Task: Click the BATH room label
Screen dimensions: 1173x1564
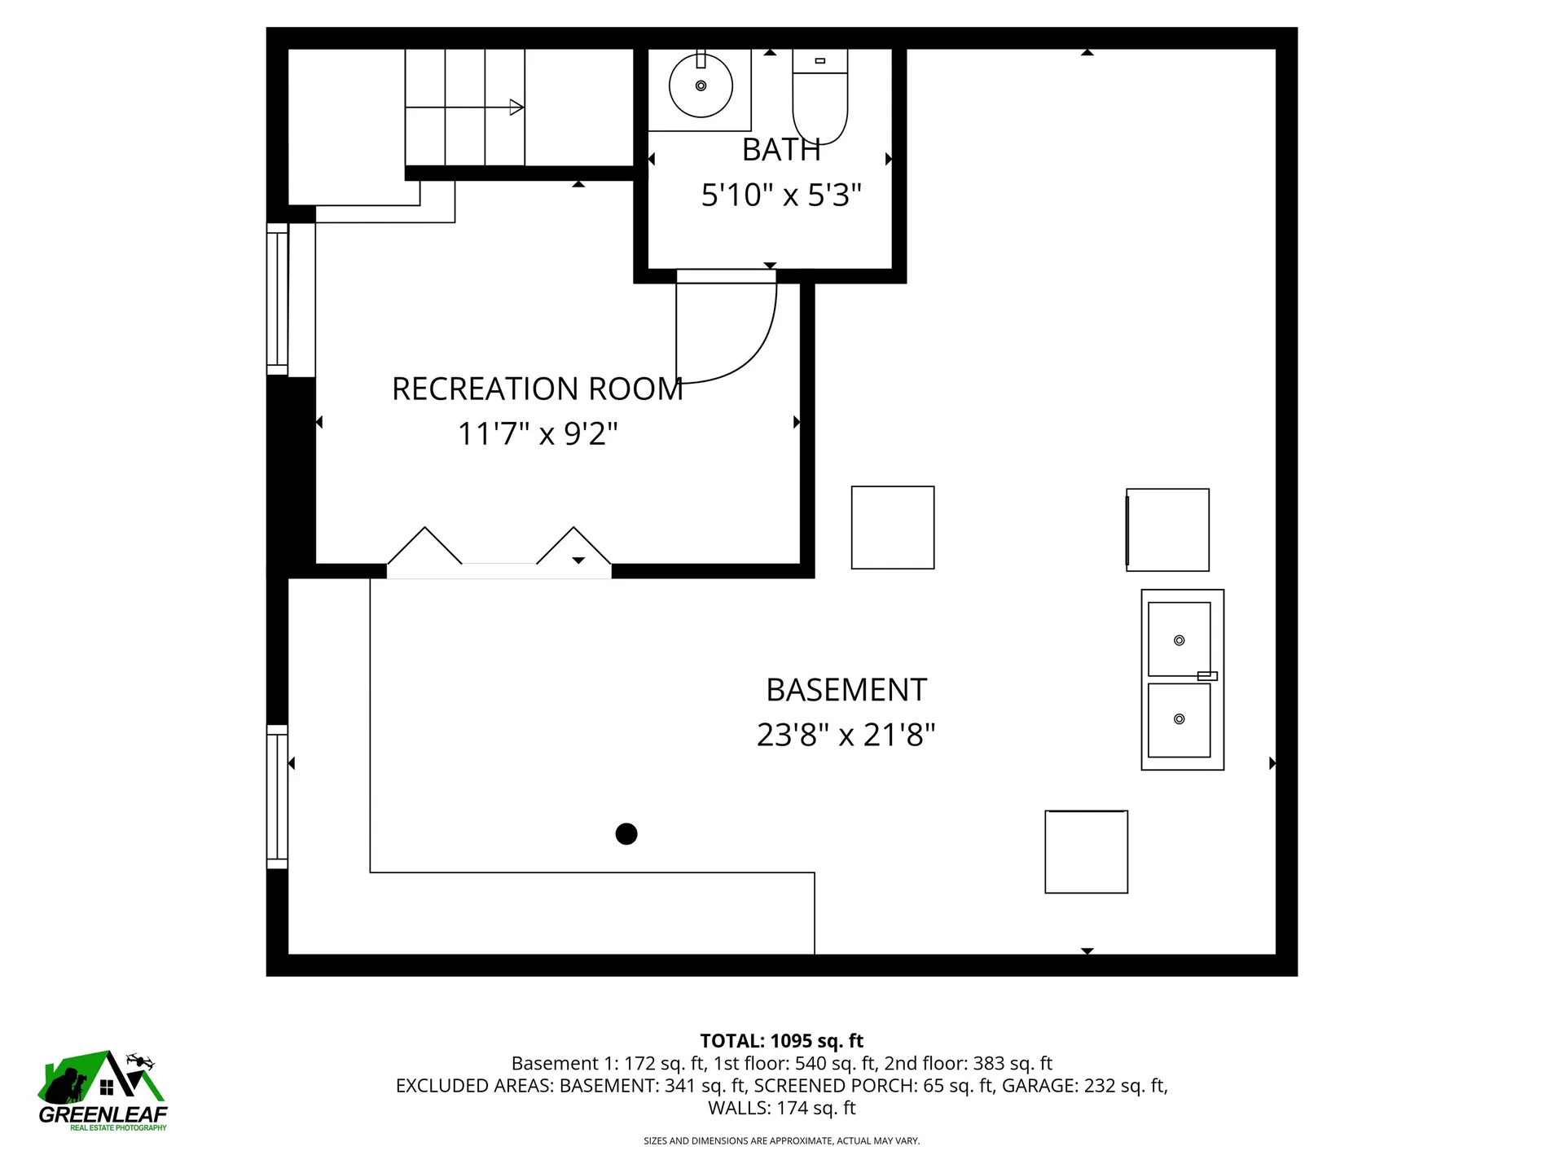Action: tap(780, 150)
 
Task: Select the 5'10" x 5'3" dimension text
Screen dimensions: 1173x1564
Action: tap(780, 195)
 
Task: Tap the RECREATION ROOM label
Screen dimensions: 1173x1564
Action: tap(537, 389)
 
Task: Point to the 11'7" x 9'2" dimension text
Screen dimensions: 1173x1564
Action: tap(537, 434)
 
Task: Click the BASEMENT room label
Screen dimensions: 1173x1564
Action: tap(846, 691)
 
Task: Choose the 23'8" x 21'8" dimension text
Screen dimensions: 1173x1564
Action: tap(846, 736)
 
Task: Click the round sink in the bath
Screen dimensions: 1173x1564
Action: tap(701, 86)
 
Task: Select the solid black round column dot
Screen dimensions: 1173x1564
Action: tap(626, 834)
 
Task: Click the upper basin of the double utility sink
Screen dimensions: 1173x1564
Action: tap(1179, 639)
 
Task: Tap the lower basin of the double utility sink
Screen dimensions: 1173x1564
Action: tap(1179, 719)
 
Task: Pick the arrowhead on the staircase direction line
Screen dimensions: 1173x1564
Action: tap(516, 107)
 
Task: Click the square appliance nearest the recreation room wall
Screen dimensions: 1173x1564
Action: tap(892, 527)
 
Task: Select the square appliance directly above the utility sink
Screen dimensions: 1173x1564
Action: tap(1167, 529)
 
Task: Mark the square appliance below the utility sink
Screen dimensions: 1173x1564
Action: tap(1086, 851)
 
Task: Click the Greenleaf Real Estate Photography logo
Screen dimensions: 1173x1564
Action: tap(103, 1092)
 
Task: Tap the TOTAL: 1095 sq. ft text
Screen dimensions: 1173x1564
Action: tap(781, 1041)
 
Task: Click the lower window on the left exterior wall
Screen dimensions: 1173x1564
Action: tap(278, 797)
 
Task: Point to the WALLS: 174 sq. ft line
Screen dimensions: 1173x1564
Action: tap(781, 1108)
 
